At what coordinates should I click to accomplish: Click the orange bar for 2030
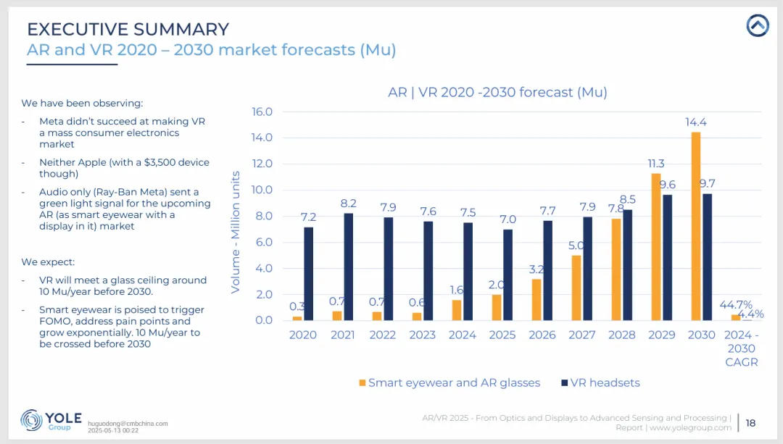pos(696,226)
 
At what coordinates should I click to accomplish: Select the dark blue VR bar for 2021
pos(349,267)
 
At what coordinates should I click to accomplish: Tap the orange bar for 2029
pos(655,246)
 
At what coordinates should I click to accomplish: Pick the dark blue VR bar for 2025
pos(508,275)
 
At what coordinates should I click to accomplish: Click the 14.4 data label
pos(696,122)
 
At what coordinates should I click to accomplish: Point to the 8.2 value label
pos(349,204)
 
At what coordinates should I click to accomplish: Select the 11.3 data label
pos(656,164)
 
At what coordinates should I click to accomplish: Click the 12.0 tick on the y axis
pos(261,164)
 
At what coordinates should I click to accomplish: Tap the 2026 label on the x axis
pos(542,335)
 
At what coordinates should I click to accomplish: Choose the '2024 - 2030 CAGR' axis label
pos(742,348)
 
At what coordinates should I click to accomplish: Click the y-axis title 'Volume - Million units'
pos(236,232)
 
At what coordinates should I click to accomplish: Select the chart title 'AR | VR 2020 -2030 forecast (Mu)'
pos(497,92)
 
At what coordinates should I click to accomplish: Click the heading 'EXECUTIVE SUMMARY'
pos(128,30)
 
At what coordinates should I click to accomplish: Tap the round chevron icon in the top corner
pos(758,26)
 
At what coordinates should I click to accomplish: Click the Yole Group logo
pos(51,421)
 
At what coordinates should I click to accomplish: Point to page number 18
pos(750,423)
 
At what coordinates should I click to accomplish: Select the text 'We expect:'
pos(48,261)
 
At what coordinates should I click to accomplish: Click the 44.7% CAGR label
pos(735,305)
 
